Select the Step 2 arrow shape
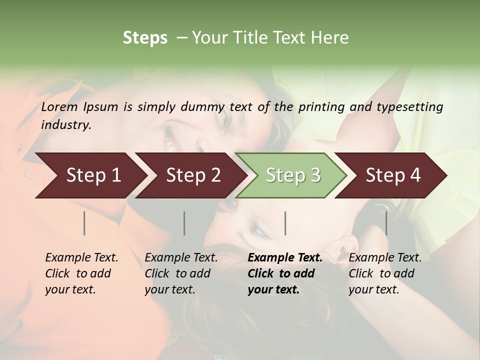[193, 175]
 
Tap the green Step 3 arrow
[293, 175]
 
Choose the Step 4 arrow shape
[393, 175]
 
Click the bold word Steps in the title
[145, 38]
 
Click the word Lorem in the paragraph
[59, 107]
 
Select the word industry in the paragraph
[65, 125]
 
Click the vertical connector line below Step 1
[84, 223]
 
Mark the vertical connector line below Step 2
[184, 223]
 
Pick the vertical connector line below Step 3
[285, 223]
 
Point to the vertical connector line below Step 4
[386, 223]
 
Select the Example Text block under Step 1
[81, 273]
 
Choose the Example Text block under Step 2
[181, 273]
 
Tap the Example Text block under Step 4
[385, 273]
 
